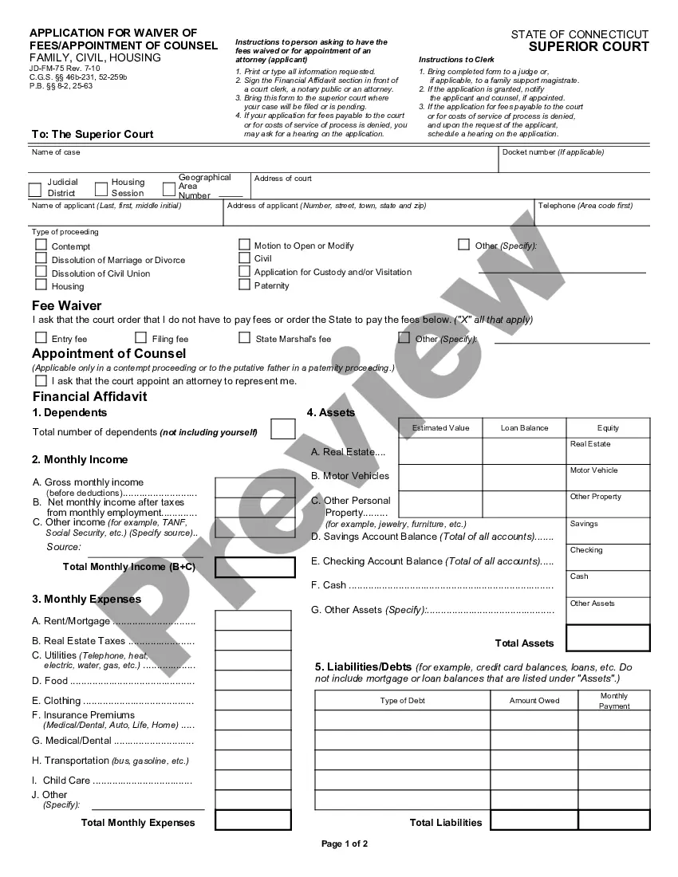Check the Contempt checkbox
point(41,246)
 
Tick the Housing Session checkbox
point(101,189)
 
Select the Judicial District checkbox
point(35,190)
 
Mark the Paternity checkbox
point(245,285)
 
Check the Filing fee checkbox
point(141,338)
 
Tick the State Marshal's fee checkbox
point(245,338)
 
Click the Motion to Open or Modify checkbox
point(245,245)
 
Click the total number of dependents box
point(282,429)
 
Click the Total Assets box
point(608,638)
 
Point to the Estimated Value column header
point(440,428)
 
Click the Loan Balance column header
point(524,428)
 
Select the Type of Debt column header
point(403,701)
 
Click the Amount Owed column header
point(534,701)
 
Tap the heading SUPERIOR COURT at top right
point(589,47)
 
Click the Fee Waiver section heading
point(67,305)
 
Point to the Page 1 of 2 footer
point(345,844)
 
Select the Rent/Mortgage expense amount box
point(242,619)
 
